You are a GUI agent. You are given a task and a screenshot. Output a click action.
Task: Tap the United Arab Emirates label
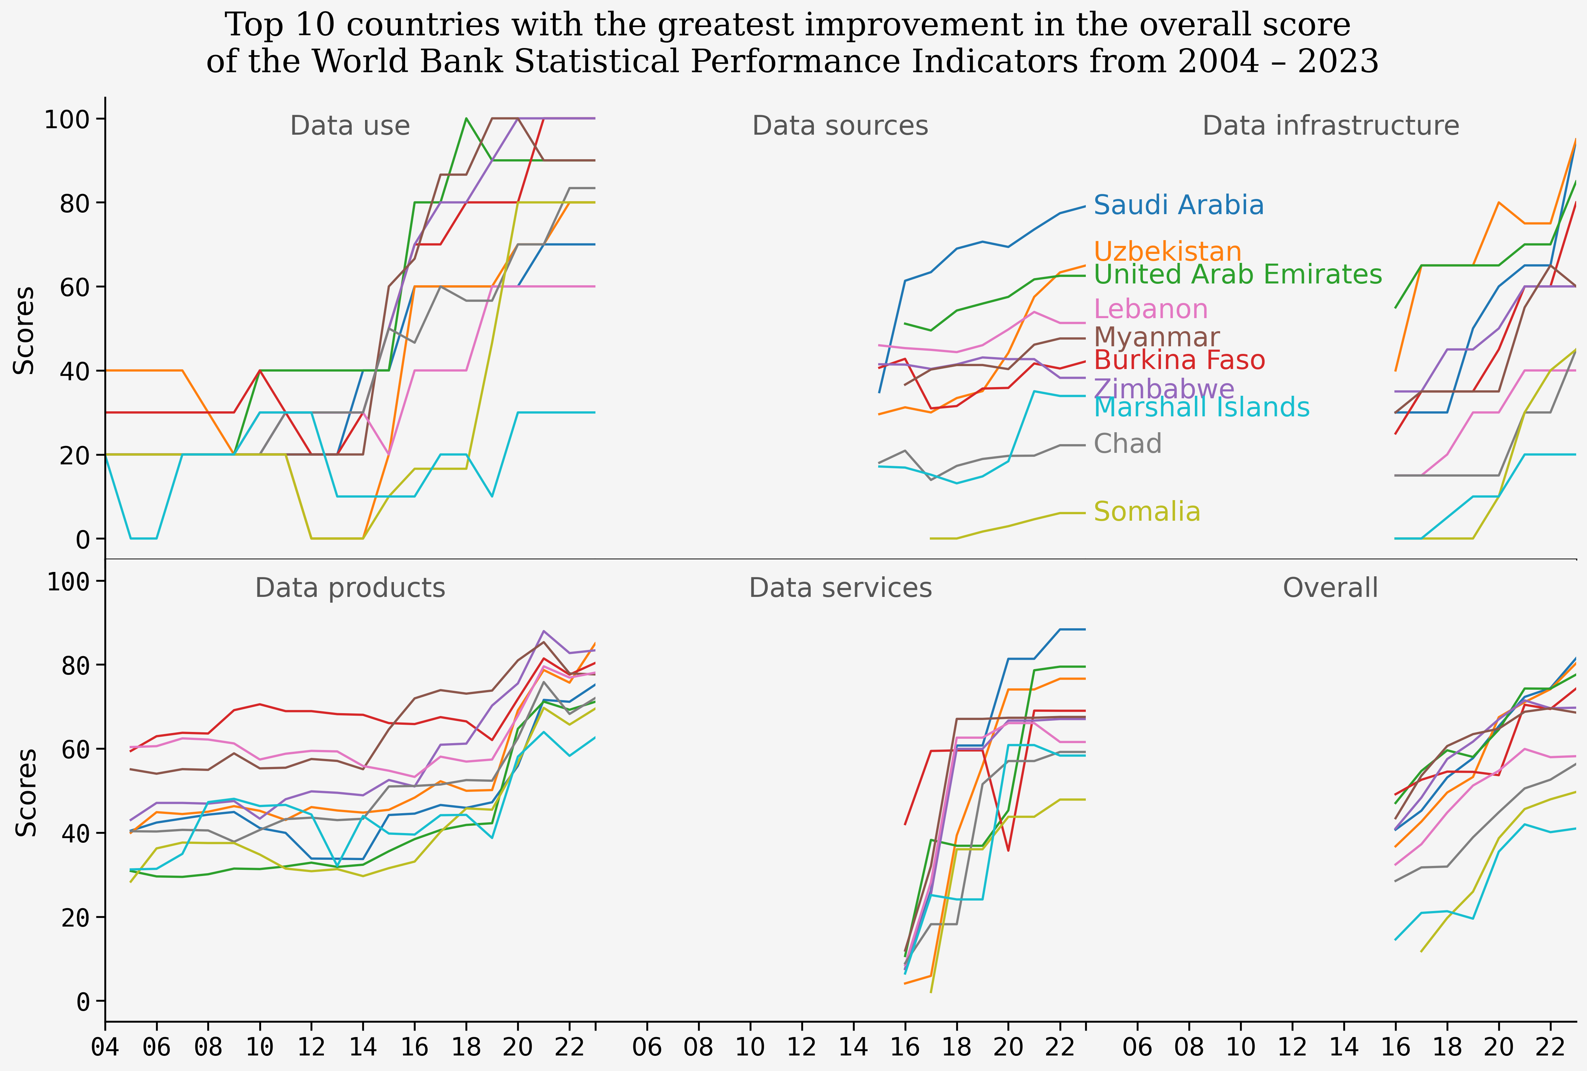pos(1237,274)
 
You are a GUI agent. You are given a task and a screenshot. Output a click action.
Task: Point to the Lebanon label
pos(1151,309)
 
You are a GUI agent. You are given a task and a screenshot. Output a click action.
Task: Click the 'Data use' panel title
pos(350,126)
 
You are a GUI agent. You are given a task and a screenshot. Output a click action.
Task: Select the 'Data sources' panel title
pos(840,126)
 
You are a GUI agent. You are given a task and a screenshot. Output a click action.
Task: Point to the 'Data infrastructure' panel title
pos(1330,126)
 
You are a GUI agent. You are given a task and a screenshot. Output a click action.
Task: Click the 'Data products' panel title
pos(350,588)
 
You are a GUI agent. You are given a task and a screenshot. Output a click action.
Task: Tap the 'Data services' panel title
pos(840,588)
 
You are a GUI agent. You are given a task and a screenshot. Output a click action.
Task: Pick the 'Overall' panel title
pos(1330,588)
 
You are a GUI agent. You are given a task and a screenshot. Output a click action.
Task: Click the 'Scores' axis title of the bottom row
pos(26,792)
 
